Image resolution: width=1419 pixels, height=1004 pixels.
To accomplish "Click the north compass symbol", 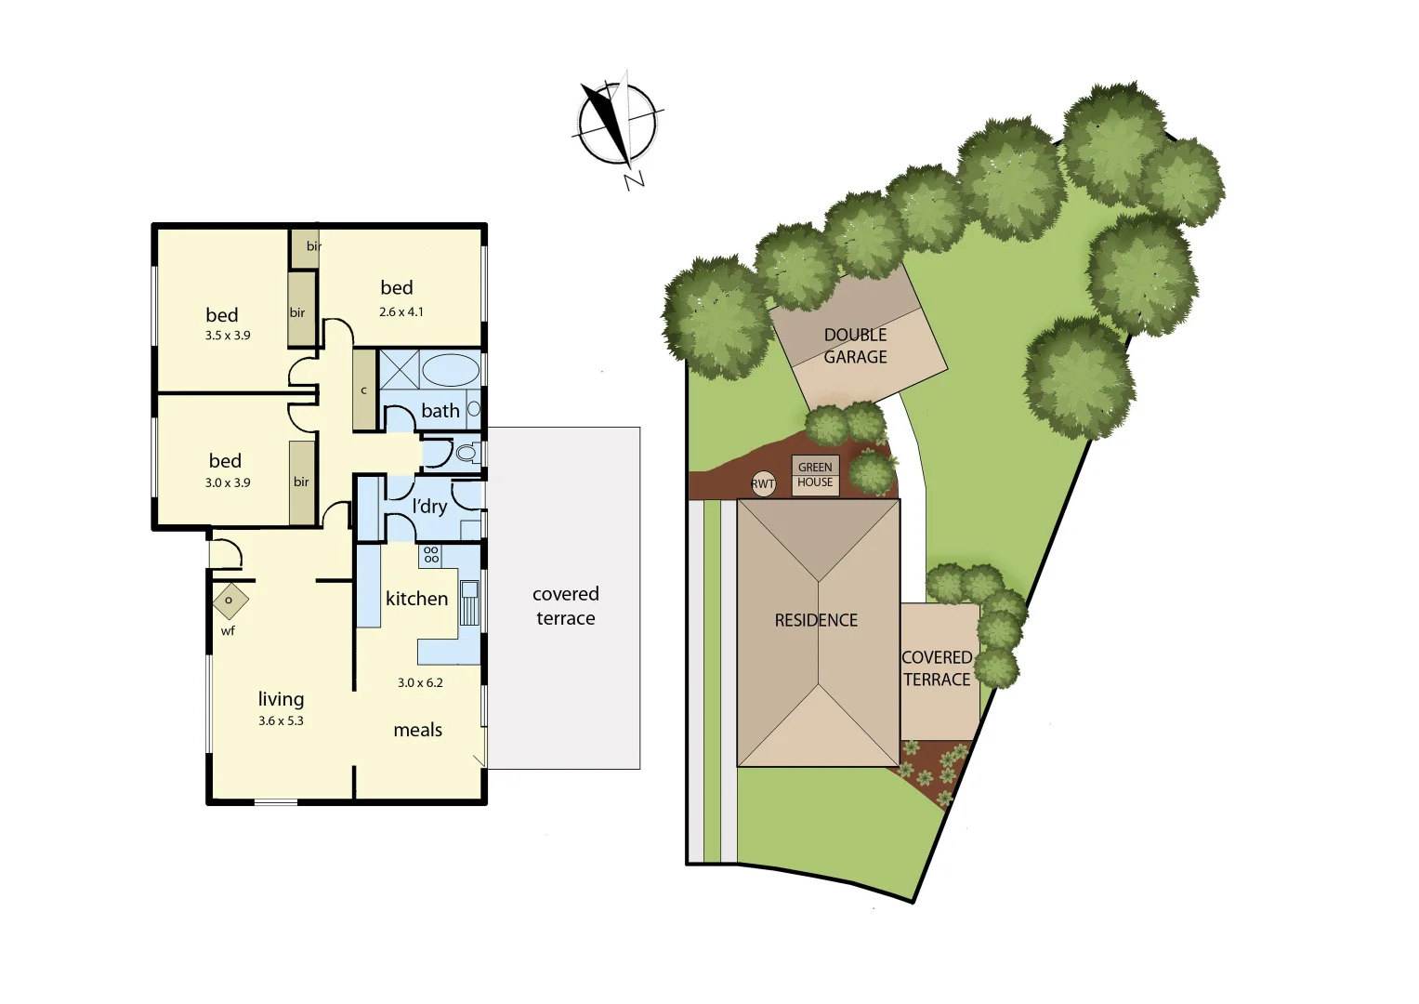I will pyautogui.click(x=616, y=125).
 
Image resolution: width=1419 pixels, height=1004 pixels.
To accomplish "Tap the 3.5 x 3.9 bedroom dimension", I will pyautogui.click(x=228, y=336).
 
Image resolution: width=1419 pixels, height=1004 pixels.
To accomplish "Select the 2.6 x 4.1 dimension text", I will pyautogui.click(x=401, y=312).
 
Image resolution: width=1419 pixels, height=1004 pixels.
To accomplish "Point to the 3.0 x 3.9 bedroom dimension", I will pyautogui.click(x=228, y=482).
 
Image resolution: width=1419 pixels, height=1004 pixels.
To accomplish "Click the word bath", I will pyautogui.click(x=440, y=411).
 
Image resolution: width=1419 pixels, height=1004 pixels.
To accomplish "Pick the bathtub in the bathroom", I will pyautogui.click(x=451, y=370).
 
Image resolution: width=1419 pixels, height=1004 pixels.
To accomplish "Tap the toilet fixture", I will pyautogui.click(x=466, y=454).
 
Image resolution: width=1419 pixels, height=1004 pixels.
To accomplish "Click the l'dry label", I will pyautogui.click(x=429, y=507).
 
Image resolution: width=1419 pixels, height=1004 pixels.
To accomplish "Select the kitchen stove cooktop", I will pyautogui.click(x=431, y=555).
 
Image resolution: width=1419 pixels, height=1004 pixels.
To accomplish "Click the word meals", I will pyautogui.click(x=417, y=731).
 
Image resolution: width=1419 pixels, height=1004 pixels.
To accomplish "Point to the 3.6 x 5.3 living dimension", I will pyautogui.click(x=281, y=720).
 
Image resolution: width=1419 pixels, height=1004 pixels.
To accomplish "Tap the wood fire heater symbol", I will pyautogui.click(x=230, y=601).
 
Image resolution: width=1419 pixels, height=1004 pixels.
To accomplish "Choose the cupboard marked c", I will pyautogui.click(x=364, y=390).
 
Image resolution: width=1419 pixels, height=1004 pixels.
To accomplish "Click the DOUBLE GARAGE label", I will pyautogui.click(x=855, y=346).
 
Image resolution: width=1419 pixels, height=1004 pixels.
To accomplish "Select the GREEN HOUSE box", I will pyautogui.click(x=815, y=475).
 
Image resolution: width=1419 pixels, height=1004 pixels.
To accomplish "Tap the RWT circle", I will pyautogui.click(x=763, y=483).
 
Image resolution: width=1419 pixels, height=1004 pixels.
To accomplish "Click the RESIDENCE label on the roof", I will pyautogui.click(x=816, y=620).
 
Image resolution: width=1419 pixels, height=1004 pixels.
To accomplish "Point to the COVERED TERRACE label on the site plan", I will pyautogui.click(x=937, y=668).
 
